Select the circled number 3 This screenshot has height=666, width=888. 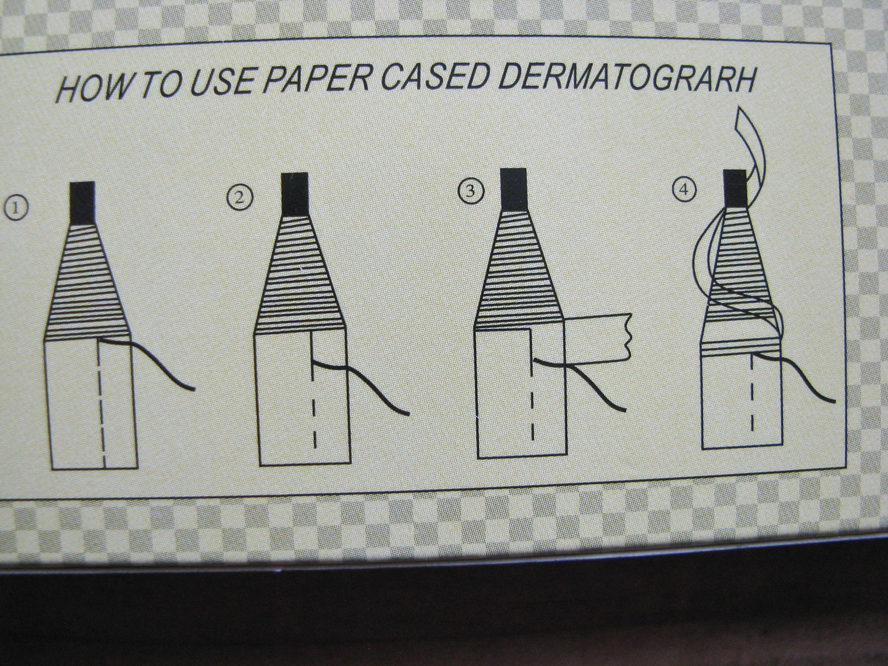[471, 191]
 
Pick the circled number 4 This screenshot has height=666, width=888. [684, 190]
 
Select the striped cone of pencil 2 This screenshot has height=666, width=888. [300, 274]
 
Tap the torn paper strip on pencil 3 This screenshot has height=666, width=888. [598, 337]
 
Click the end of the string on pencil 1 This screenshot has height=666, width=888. [195, 390]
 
